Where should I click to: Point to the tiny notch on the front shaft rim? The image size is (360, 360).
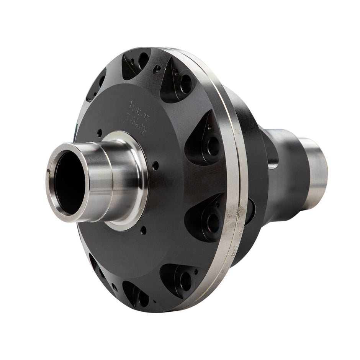pos(47,171)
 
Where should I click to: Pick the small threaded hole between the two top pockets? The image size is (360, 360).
pos(157,69)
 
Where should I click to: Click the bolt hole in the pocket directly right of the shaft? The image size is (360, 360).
pos(213,146)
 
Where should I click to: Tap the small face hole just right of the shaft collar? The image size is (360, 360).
pos(155,166)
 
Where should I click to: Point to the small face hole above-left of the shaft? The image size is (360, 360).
pos(100,133)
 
